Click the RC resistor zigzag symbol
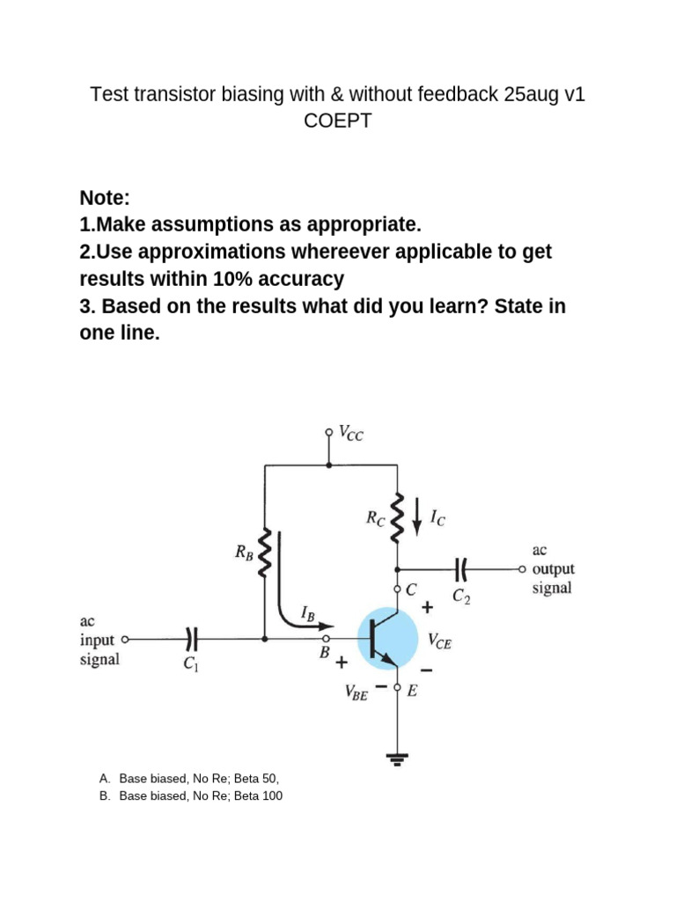coord(397,516)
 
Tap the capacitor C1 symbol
coord(191,638)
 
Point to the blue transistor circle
coord(387,638)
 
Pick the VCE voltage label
coord(440,641)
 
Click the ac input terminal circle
coord(125,639)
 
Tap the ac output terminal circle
coord(522,569)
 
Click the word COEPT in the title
coord(338,121)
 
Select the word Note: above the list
coord(105,198)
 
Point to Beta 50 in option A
coord(256,779)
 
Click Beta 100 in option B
coord(258,795)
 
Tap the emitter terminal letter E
coord(412,691)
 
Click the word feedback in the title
coord(458,93)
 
